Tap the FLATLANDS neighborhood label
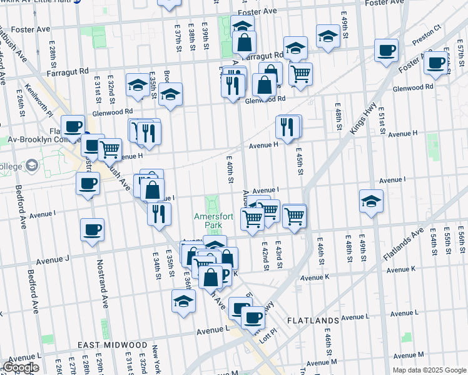tap(313, 321)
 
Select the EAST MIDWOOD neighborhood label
tap(113, 345)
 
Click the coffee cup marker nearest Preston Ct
tap(387, 51)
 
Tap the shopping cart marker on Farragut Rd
tap(301, 73)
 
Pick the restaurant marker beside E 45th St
tap(286, 127)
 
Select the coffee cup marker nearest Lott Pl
tap(253, 317)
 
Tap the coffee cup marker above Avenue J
tap(92, 229)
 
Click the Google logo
tap(21, 367)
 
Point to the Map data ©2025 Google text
tap(429, 370)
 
